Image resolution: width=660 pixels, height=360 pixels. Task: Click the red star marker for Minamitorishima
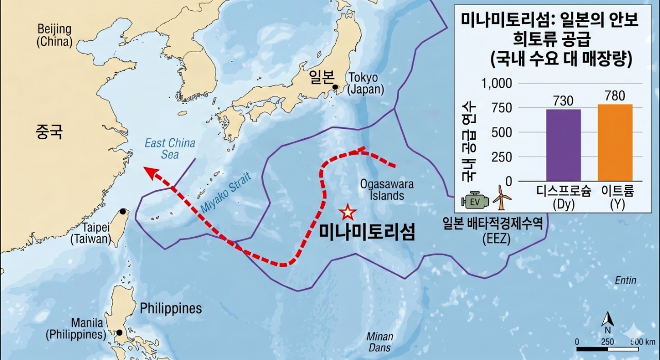(x=348, y=211)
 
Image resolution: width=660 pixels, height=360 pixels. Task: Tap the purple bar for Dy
(x=563, y=145)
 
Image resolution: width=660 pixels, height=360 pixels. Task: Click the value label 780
(x=615, y=96)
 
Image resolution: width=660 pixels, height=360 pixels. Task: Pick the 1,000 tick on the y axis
(x=497, y=84)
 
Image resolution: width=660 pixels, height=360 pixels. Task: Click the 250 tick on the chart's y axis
(x=501, y=157)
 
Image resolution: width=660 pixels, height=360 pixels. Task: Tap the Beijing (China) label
(x=54, y=35)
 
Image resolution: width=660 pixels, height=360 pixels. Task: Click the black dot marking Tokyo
(x=336, y=87)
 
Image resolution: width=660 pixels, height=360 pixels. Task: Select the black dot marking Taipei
(x=123, y=211)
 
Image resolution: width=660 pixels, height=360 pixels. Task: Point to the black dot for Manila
(x=120, y=333)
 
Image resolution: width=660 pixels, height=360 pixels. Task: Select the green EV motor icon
(x=476, y=200)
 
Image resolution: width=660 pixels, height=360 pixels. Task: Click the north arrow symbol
(x=607, y=321)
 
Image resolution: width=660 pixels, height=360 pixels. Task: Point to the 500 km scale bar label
(x=642, y=341)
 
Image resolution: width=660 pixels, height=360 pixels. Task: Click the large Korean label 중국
(x=49, y=132)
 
